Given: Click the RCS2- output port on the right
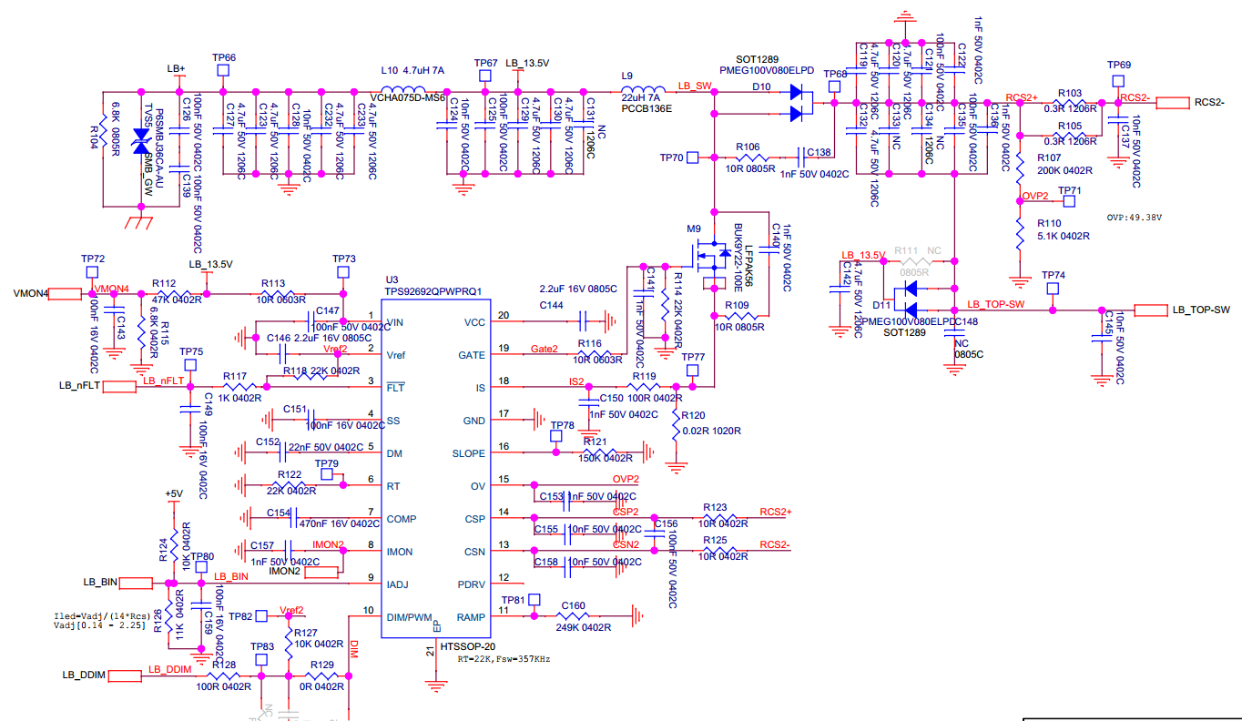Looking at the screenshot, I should click(1173, 103).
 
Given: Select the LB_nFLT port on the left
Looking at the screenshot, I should click(119, 387).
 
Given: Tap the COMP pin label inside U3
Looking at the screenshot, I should click(402, 519).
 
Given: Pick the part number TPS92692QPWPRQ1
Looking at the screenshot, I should click(433, 291).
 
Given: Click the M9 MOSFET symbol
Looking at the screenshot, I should click(706, 261).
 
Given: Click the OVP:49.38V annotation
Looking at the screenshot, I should click(1134, 218).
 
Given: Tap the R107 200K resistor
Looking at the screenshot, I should click(1020, 164).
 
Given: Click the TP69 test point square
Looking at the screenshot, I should click(1119, 82).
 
